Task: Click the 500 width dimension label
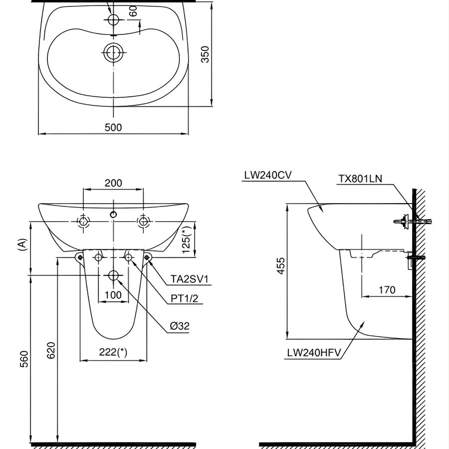113,127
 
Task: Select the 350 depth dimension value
205,54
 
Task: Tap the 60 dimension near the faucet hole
133,11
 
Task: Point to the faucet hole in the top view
114,19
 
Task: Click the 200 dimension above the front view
113,183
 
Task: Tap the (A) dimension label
20,244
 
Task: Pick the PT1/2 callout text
185,298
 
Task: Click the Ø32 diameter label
180,326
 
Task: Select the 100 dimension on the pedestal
113,295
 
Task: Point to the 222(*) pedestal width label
113,352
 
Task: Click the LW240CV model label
268,175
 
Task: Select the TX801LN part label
360,179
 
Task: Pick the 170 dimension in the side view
387,289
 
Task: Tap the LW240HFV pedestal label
314,353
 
